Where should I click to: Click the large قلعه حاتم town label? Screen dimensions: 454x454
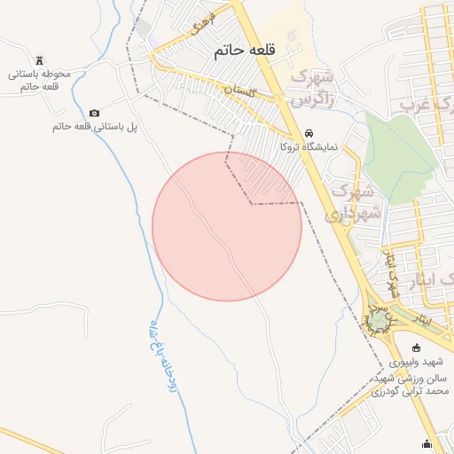[246, 53]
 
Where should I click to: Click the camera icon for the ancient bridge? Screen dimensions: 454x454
[95, 113]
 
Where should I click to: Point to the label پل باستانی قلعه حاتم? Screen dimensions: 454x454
[95, 127]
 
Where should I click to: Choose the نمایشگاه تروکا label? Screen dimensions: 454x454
[309, 146]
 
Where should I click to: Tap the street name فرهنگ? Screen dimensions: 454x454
[198, 34]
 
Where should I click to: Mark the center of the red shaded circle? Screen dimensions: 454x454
[227, 226]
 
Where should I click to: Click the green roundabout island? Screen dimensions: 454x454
[380, 318]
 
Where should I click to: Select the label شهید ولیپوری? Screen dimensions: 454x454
[420, 362]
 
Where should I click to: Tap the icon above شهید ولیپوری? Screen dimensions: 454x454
[418, 347]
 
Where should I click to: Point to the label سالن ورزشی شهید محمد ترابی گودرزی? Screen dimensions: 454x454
[411, 383]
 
